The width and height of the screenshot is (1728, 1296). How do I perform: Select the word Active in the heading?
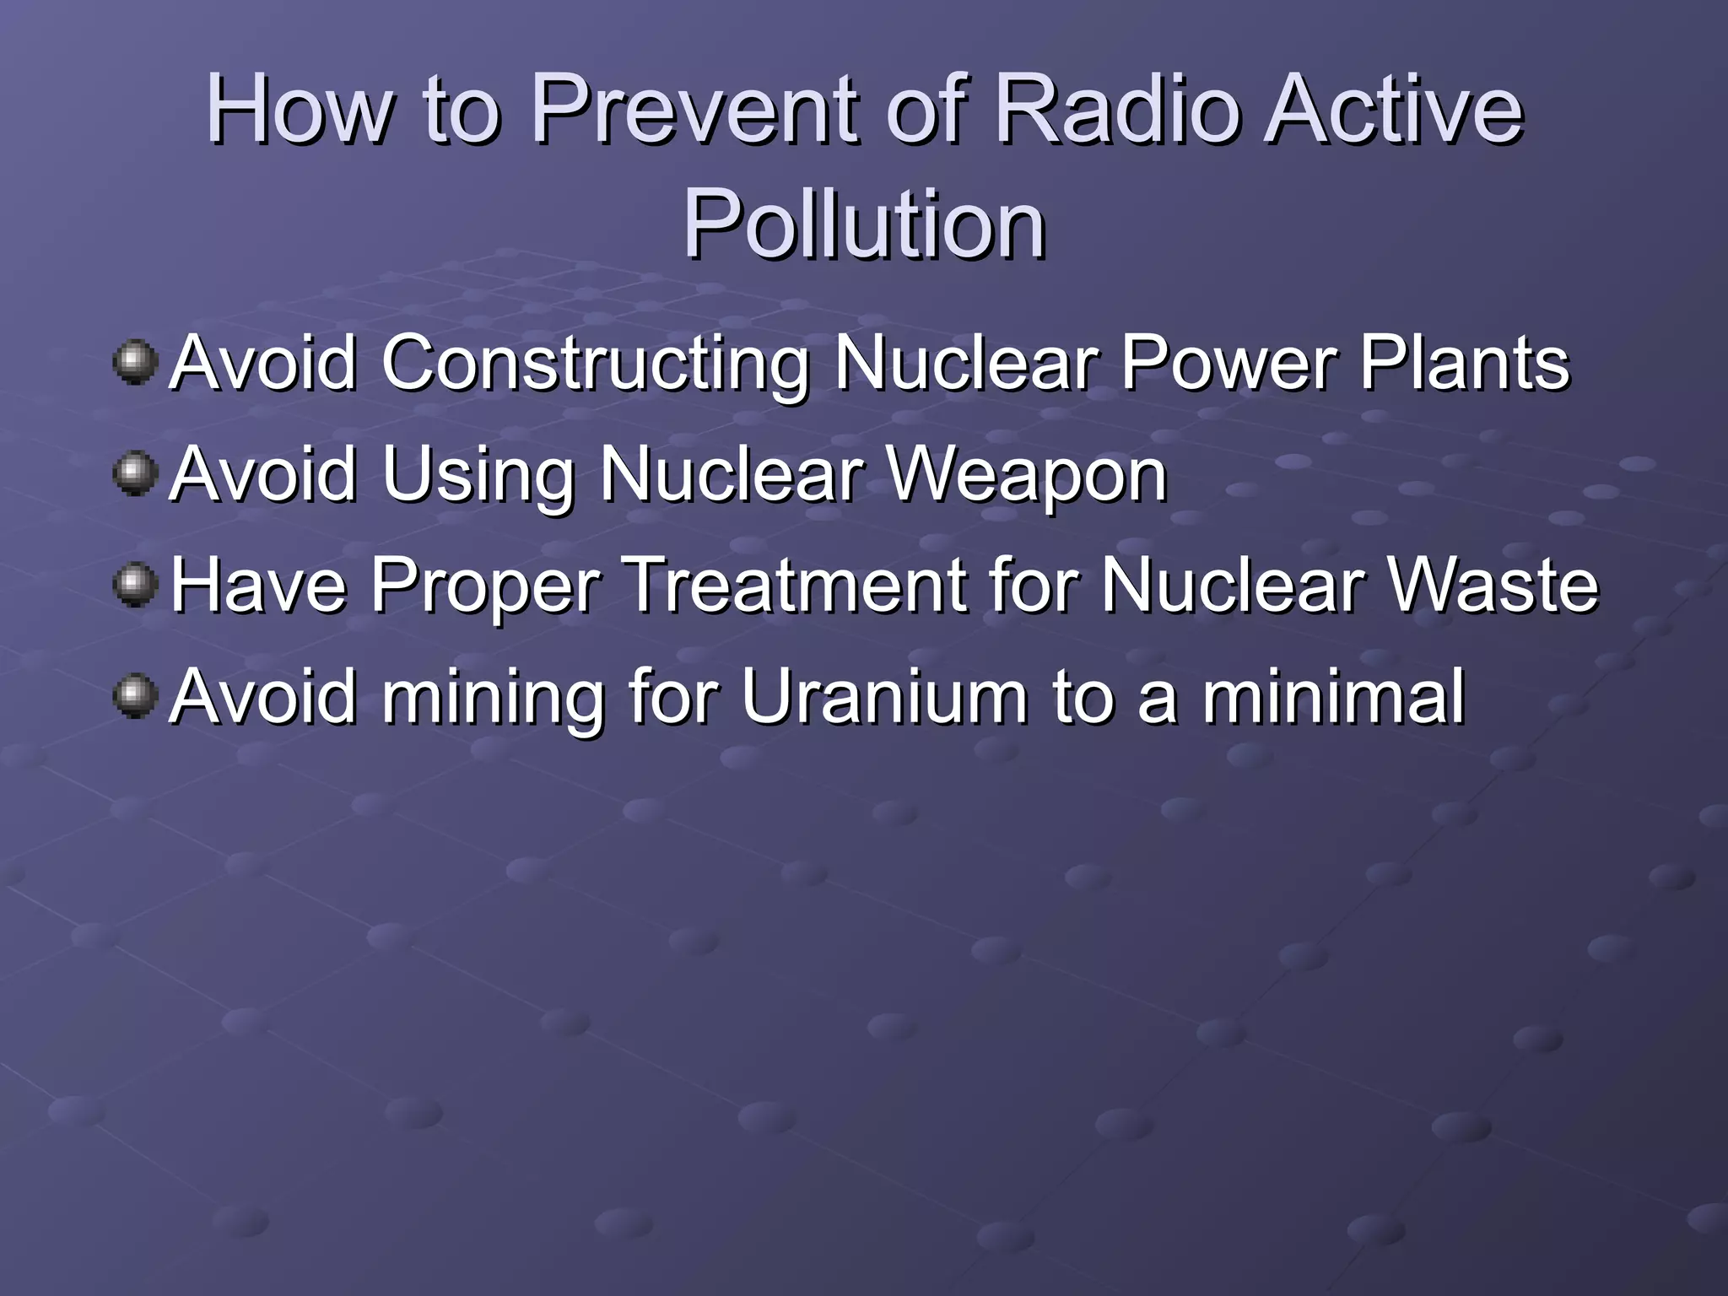pyautogui.click(x=1392, y=110)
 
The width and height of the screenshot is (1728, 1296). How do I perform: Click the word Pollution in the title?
pyautogui.click(x=864, y=224)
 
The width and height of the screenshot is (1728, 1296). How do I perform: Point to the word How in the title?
pyautogui.click(x=300, y=110)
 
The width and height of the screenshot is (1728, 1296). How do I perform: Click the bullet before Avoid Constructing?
pyautogui.click(x=135, y=363)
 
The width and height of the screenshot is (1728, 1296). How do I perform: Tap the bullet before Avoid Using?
pyautogui.click(x=135, y=473)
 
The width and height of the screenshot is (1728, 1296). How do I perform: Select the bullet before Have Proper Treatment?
pyautogui.click(x=135, y=585)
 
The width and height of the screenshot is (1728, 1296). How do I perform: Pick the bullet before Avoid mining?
pyautogui.click(x=135, y=696)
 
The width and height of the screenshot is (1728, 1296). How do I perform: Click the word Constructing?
pyautogui.click(x=596, y=364)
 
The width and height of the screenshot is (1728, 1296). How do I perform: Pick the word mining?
pyautogui.click(x=494, y=699)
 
